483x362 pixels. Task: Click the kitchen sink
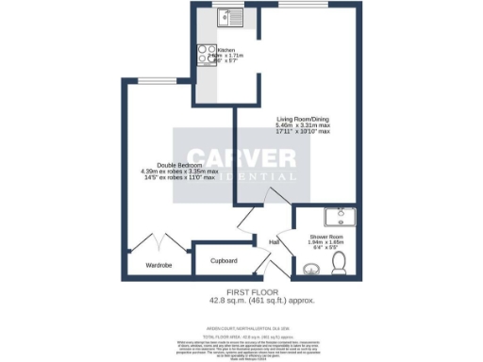[227, 16]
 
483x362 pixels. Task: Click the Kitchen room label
[226, 49]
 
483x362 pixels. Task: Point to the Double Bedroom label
[178, 165]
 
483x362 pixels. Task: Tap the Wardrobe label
[158, 266]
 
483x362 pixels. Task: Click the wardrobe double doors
[156, 243]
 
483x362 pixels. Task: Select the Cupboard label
[224, 260]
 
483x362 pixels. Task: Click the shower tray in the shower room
[339, 220]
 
